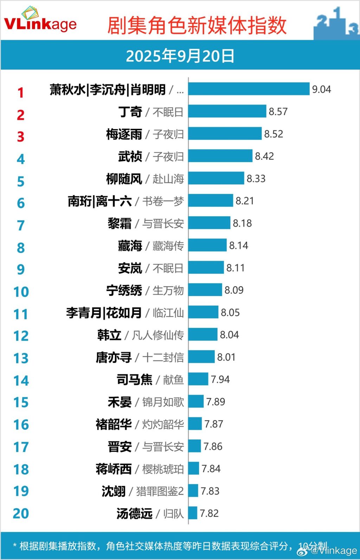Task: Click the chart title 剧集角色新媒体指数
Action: [197, 25]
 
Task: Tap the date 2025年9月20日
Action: [180, 56]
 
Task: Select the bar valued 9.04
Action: [249, 89]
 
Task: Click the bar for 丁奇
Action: [227, 112]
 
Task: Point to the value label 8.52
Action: [274, 134]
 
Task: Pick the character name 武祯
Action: [130, 156]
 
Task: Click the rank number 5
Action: [21, 182]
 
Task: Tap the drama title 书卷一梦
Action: [163, 201]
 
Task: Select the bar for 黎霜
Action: [209, 223]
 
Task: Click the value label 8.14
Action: [239, 246]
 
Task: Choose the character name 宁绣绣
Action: [124, 291]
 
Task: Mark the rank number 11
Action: [21, 314]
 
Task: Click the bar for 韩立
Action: [203, 335]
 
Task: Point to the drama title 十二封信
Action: [163, 357]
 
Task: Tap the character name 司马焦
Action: [135, 380]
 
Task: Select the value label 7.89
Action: [216, 402]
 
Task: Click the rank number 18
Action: [21, 469]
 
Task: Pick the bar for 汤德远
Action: [193, 513]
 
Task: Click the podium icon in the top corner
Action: [336, 23]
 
